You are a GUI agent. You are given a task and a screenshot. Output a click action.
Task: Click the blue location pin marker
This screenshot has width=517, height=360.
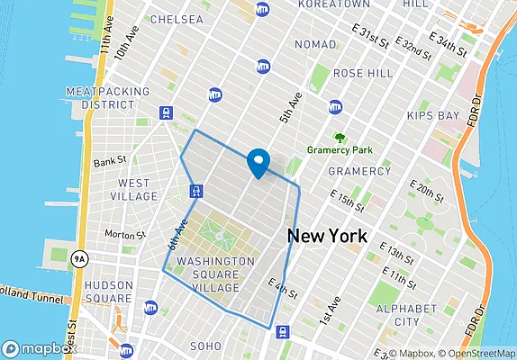259,162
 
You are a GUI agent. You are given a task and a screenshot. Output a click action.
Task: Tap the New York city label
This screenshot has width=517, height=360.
327,237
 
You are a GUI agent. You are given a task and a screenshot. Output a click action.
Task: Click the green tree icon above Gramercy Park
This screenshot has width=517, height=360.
340,138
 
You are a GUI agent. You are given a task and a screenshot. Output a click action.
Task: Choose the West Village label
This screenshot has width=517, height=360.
134,189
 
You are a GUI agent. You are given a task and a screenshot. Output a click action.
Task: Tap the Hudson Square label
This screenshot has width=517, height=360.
109,292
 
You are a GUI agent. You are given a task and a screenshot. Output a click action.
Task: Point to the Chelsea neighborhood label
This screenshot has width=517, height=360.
178,19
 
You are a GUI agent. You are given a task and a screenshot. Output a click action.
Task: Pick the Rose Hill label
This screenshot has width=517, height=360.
360,72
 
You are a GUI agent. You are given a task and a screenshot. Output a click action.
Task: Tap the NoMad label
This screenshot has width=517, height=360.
314,44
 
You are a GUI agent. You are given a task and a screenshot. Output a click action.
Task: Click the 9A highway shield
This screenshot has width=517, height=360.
81,258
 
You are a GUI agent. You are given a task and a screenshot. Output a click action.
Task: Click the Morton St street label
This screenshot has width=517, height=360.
124,235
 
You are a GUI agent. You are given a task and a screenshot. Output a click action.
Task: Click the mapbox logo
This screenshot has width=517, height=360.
40,348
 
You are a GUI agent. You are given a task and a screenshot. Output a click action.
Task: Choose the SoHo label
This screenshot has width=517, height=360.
205,346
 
